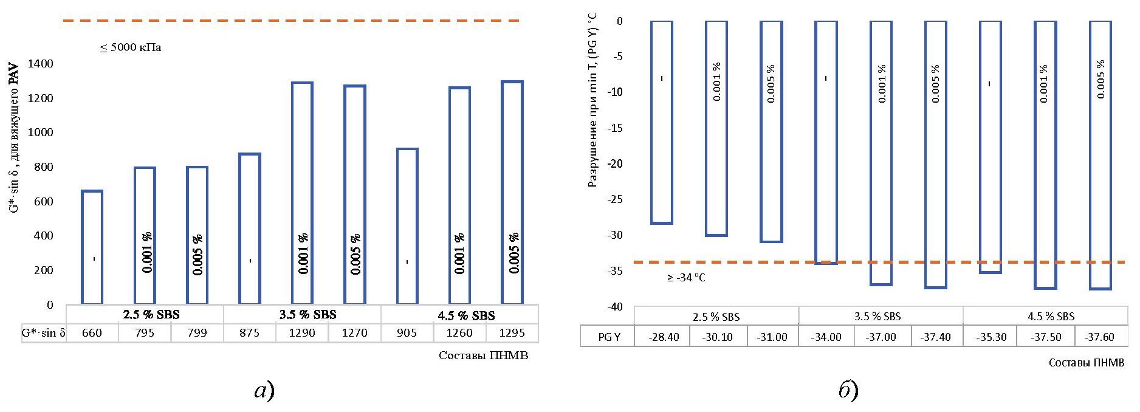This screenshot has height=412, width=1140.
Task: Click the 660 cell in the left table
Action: click(92, 333)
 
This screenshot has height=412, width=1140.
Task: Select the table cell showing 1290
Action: click(302, 333)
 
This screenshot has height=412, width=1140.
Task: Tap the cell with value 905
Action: click(407, 333)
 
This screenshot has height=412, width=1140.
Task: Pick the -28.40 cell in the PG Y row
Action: click(663, 337)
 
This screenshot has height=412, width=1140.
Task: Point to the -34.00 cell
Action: click(826, 337)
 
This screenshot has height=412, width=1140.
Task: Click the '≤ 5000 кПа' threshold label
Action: click(131, 47)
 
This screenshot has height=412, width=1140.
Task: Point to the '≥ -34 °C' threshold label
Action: click(686, 278)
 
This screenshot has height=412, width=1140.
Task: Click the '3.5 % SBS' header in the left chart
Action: click(307, 315)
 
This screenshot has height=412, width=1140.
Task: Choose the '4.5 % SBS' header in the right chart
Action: click(1051, 317)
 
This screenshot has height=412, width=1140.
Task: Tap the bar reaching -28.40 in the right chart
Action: click(661, 122)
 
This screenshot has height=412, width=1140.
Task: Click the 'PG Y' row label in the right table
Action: click(608, 337)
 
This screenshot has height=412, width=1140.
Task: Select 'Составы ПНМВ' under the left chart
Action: click(483, 355)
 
